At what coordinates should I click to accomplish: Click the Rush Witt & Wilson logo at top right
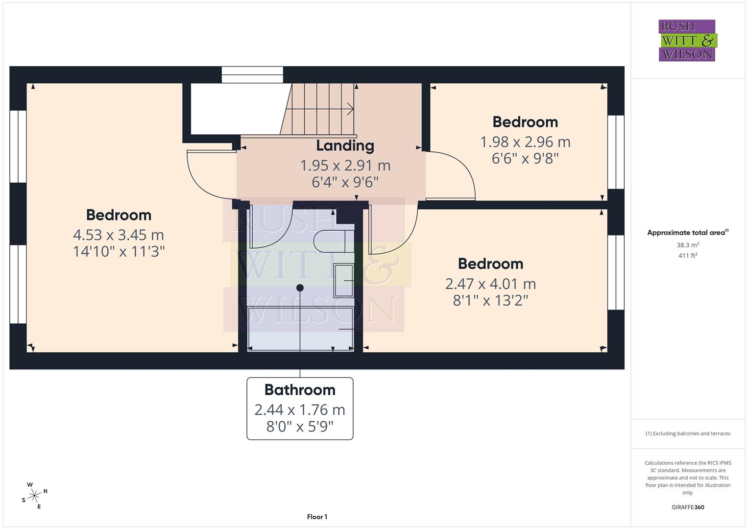[687, 40]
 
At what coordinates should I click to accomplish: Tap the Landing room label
[345, 145]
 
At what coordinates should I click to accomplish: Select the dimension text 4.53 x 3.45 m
[119, 235]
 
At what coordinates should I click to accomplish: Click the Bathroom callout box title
[300, 390]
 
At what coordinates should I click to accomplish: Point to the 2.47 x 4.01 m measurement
[490, 284]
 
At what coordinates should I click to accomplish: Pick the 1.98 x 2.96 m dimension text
[525, 142]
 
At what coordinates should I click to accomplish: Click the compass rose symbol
[34, 496]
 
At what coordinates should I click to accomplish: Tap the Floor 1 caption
[317, 517]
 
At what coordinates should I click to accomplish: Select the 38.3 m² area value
[688, 245]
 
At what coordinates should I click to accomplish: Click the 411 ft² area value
[688, 256]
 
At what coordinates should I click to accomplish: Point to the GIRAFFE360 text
[688, 507]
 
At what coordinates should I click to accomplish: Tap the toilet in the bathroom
[333, 241]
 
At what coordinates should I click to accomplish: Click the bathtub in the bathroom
[300, 328]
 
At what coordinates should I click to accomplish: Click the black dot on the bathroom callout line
[300, 288]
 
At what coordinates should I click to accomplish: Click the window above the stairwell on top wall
[252, 74]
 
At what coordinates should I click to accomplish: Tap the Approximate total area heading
[688, 233]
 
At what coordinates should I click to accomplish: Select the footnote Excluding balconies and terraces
[688, 433]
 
